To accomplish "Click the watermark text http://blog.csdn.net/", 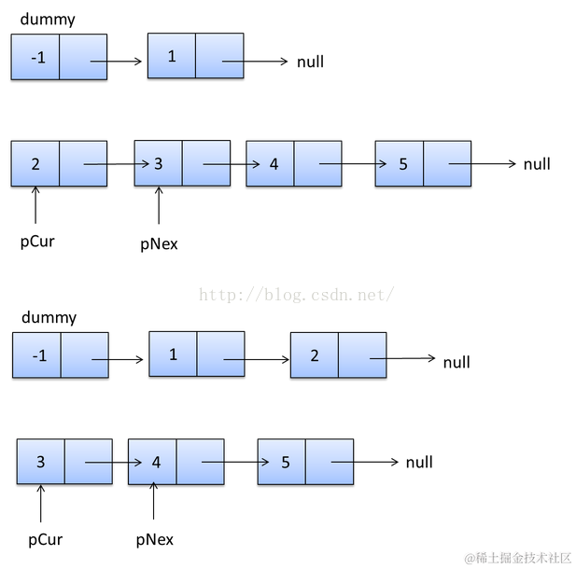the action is (x=297, y=295).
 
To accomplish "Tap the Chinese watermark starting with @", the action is (x=517, y=557).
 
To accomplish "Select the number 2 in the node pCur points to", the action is (x=35, y=164).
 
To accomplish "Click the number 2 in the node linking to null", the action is (x=315, y=355).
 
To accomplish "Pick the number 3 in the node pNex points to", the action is (x=159, y=164).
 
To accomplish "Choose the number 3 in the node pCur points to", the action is (x=40, y=462).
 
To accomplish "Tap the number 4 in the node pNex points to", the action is (x=156, y=462).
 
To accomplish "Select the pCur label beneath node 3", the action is (x=45, y=539).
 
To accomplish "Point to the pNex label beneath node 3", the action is (x=159, y=244).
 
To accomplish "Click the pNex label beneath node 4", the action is (x=154, y=539).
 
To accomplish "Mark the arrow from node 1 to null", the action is (x=254, y=62).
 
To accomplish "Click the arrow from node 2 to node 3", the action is (x=117, y=164).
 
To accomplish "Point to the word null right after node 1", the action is (x=310, y=62).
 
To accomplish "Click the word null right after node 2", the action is (x=457, y=362).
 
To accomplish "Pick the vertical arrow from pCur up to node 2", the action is (x=35, y=205).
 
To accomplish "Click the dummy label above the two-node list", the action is (x=48, y=20).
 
